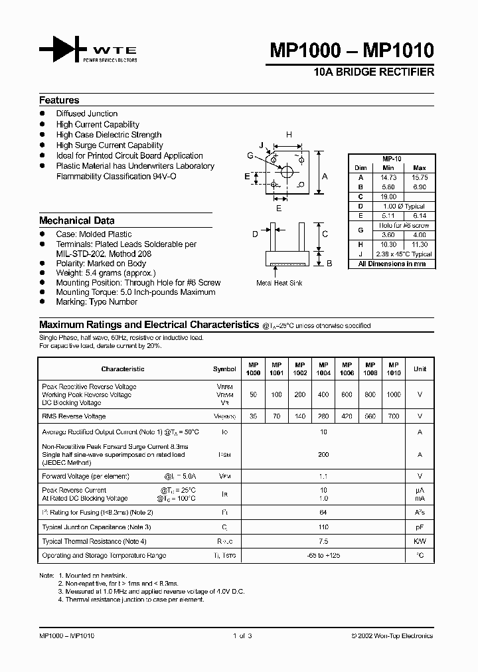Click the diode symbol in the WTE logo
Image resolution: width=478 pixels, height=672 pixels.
[x=60, y=50]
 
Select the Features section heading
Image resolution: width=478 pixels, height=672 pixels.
[x=59, y=100]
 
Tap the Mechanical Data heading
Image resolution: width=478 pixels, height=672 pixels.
[x=76, y=220]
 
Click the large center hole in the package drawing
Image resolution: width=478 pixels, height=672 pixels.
[x=287, y=172]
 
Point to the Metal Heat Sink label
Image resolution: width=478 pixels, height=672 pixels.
[x=279, y=283]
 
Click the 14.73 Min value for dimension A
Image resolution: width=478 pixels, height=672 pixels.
[x=388, y=178]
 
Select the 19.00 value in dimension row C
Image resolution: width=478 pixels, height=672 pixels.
[x=388, y=197]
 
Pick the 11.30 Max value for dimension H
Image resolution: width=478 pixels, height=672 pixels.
[x=420, y=244]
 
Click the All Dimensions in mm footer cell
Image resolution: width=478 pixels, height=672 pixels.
[x=392, y=264]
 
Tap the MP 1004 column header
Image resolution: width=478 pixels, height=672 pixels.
[x=323, y=369]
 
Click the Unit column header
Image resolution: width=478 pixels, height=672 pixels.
[x=420, y=369]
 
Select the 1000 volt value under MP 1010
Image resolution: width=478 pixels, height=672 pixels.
[x=394, y=394]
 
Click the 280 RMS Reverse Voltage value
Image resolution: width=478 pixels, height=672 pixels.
[x=323, y=416]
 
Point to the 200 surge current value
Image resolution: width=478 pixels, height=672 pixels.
[x=323, y=455]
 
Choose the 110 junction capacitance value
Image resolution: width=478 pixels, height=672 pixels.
[x=323, y=527]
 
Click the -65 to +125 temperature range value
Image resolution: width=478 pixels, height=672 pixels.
[x=323, y=555]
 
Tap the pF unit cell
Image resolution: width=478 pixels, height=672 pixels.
[x=420, y=527]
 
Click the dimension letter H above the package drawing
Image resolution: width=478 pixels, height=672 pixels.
[x=289, y=135]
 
